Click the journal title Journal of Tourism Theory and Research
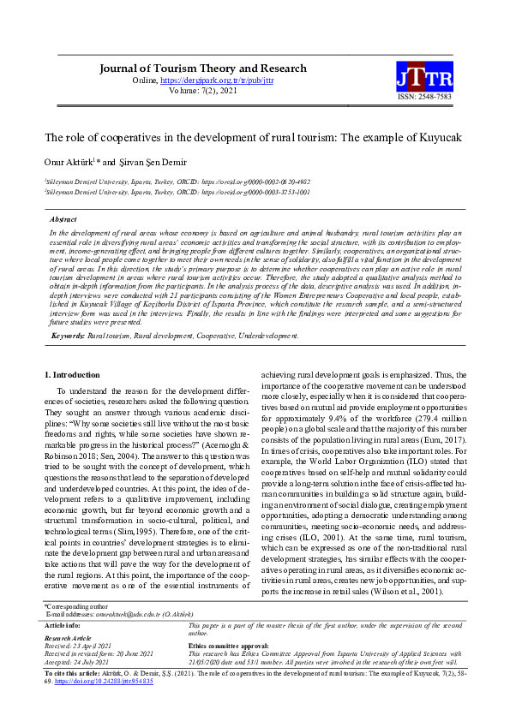(x=203, y=69)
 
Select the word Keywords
(x=68, y=337)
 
